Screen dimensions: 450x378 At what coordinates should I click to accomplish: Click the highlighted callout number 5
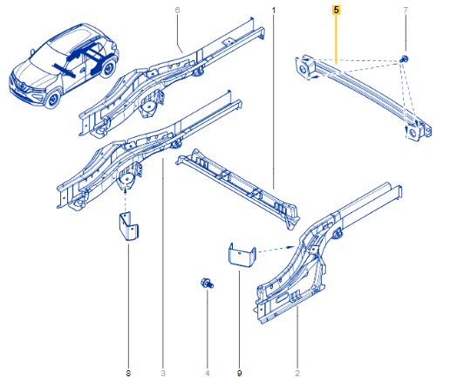click(x=336, y=10)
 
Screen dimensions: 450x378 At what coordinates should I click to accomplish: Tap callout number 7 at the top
click(x=406, y=10)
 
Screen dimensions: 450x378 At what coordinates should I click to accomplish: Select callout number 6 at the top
click(x=177, y=10)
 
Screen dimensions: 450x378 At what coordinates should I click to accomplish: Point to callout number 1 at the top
click(x=273, y=10)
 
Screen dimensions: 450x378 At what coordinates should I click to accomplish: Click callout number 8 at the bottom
click(x=128, y=373)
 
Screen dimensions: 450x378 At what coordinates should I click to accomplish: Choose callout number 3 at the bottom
click(x=163, y=373)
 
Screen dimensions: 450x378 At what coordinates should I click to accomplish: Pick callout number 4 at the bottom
click(x=207, y=373)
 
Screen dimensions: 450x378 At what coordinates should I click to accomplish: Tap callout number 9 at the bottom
click(x=239, y=373)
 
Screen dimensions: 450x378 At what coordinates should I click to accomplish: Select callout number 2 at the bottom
click(x=297, y=373)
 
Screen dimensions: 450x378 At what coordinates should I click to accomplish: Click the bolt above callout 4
click(x=207, y=283)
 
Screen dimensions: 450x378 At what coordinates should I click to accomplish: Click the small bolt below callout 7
click(x=404, y=58)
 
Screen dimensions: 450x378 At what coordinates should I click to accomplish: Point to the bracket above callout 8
click(x=128, y=226)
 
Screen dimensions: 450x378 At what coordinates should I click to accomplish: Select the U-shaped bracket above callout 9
click(x=242, y=255)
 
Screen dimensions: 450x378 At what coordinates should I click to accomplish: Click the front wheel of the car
click(x=53, y=100)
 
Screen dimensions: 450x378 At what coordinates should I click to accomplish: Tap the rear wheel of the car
click(x=108, y=69)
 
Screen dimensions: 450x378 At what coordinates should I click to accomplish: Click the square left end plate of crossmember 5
click(x=303, y=68)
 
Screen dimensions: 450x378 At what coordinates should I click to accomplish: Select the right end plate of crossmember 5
click(x=412, y=133)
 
